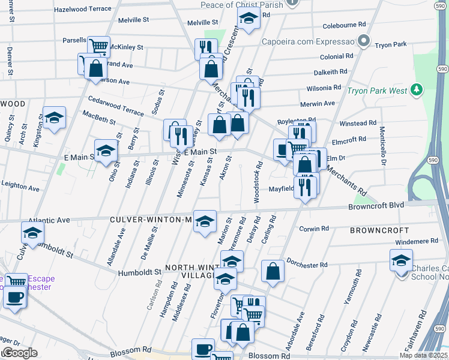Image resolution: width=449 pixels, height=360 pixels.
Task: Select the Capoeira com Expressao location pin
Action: click(363, 41)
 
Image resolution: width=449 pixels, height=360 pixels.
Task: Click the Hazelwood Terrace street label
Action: click(83, 9)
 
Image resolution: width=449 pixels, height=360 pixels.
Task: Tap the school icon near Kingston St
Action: click(54, 118)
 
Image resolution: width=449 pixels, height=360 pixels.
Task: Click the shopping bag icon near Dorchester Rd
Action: click(273, 271)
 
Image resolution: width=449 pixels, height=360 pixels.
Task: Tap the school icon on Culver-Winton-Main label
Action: click(205, 221)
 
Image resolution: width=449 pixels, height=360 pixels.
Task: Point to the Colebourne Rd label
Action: click(344, 25)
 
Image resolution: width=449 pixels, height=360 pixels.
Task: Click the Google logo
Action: click(20, 353)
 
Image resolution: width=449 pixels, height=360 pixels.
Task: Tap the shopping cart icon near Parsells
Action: click(98, 46)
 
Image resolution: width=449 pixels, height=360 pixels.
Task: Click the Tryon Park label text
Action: click(391, 45)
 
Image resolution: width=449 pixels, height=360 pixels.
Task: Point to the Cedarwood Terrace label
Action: click(116, 106)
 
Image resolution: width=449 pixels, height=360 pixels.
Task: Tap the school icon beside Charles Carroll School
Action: click(401, 260)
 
